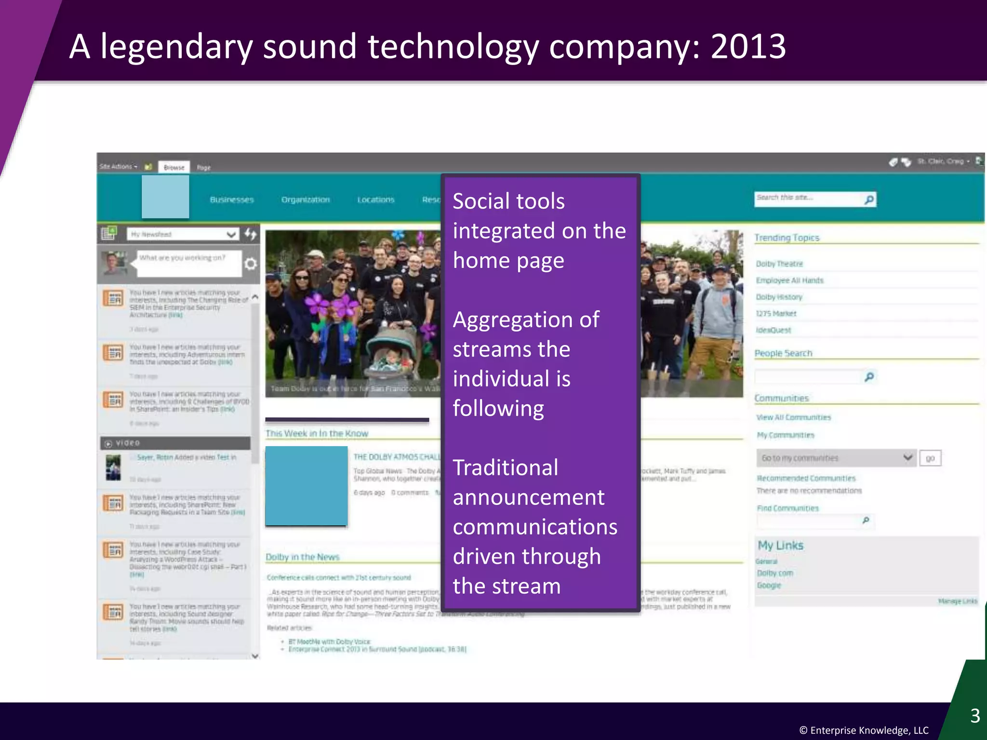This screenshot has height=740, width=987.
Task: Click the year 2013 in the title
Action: point(748,47)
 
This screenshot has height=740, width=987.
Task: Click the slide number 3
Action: point(975,716)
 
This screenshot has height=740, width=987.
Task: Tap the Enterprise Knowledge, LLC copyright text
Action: point(864,730)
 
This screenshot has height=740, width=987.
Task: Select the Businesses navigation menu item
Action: point(232,199)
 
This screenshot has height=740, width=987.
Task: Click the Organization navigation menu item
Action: point(306,199)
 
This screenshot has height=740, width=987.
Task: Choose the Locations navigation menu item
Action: point(376,199)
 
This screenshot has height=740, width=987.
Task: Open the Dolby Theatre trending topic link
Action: point(779,264)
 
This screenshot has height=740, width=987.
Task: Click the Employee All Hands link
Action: point(789,280)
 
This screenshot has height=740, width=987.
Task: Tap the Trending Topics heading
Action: point(787,238)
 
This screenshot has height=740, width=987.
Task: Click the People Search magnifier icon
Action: point(869,377)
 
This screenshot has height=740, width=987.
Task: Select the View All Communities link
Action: point(793,418)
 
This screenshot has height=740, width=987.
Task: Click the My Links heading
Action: point(780,545)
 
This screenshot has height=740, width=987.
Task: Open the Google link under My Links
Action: point(769,585)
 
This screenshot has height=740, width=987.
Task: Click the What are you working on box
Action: point(189,264)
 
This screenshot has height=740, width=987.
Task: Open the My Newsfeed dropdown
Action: point(183,234)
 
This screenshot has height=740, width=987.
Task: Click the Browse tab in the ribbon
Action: point(174,168)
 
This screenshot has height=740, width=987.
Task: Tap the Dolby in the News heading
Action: point(302,557)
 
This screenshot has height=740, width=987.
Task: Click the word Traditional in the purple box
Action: point(506,468)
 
